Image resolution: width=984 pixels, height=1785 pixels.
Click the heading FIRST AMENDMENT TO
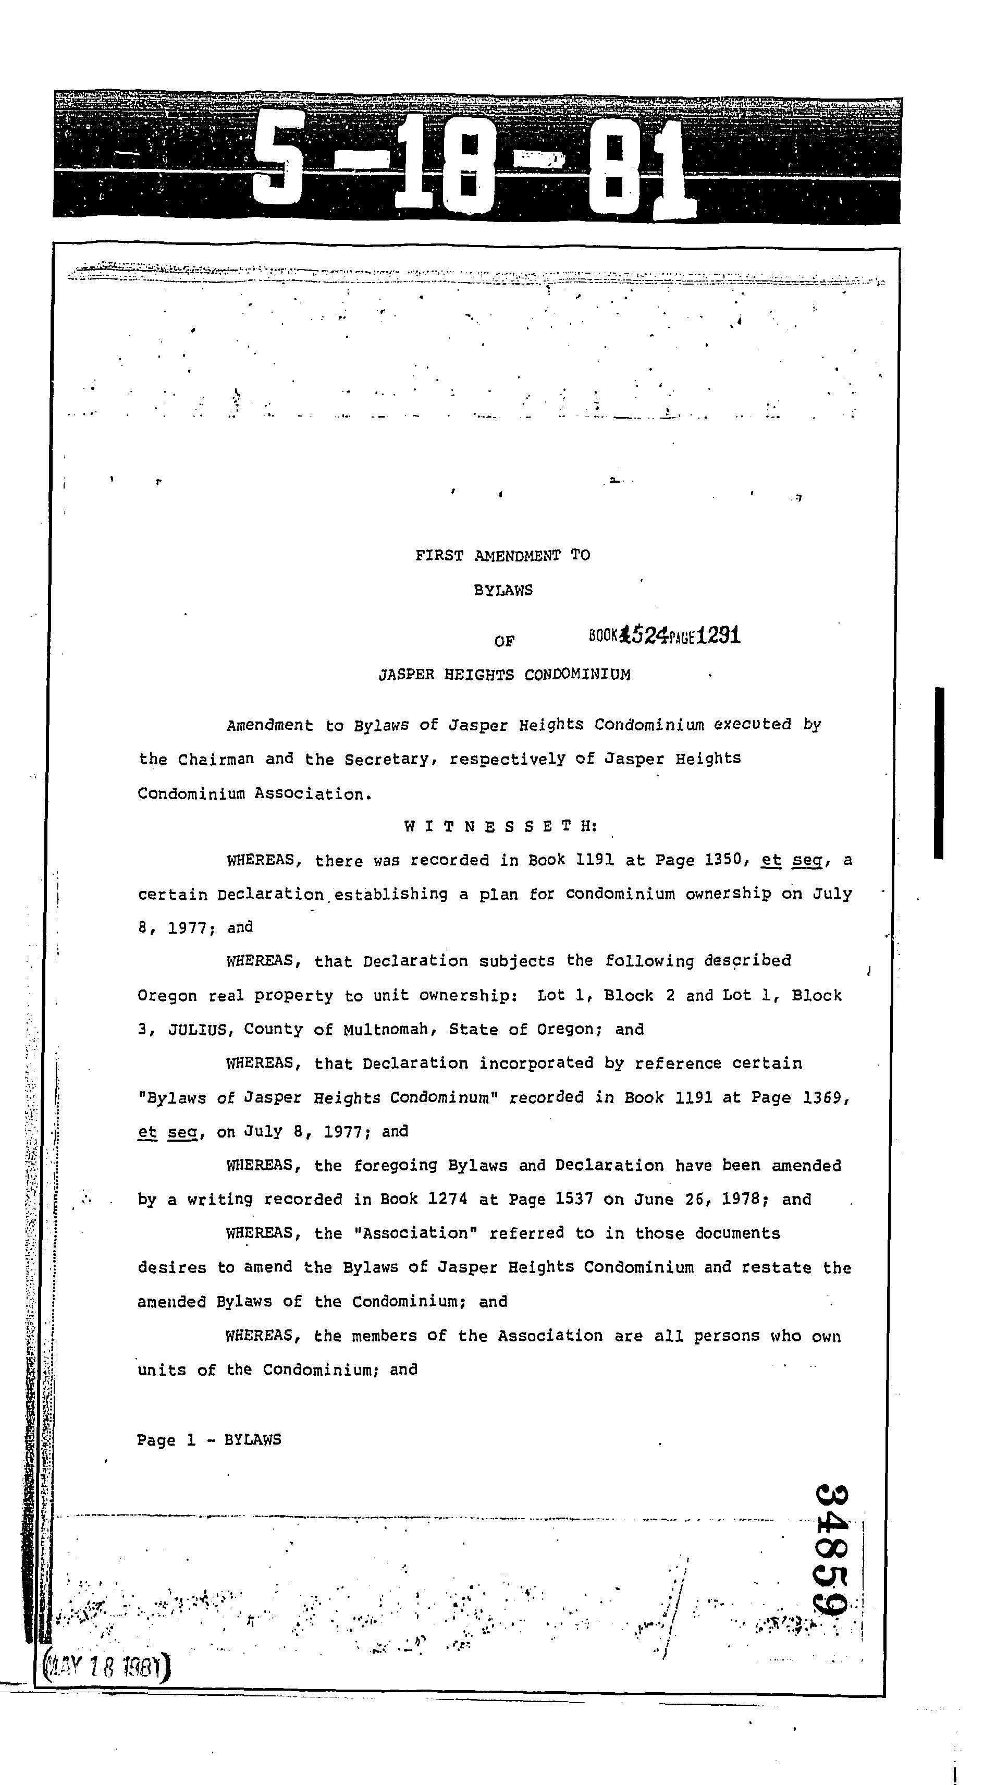click(x=502, y=555)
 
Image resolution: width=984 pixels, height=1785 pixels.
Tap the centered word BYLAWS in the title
click(x=503, y=590)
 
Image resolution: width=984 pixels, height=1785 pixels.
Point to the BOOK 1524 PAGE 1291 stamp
click(x=665, y=635)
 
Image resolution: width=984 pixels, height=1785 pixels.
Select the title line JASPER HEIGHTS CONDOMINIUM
click(x=504, y=674)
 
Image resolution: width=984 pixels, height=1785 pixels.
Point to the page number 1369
click(x=822, y=1097)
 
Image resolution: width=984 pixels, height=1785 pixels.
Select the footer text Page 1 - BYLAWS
click(x=208, y=1440)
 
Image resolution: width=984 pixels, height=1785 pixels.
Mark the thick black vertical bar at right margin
click(x=939, y=773)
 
